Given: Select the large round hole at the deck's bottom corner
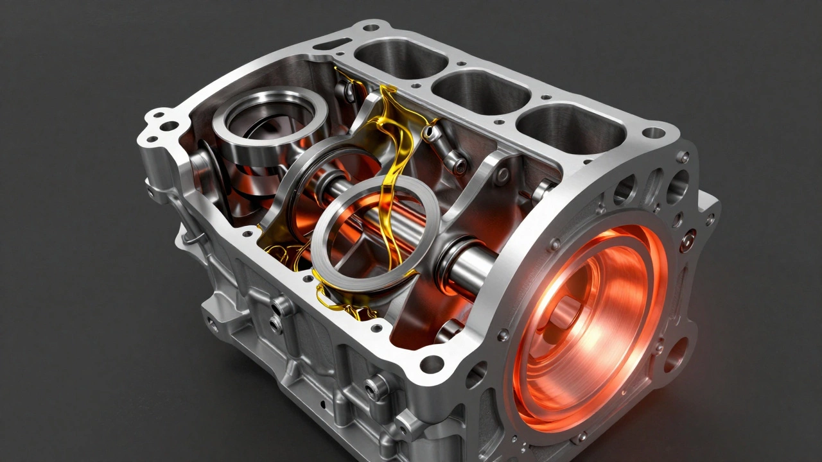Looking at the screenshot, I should (x=432, y=364).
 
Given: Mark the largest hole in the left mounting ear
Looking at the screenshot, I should (x=169, y=126).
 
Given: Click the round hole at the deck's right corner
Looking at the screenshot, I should (x=653, y=133).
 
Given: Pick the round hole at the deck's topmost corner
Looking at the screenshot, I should (x=371, y=28).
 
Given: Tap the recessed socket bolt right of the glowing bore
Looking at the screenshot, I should (x=688, y=241).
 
